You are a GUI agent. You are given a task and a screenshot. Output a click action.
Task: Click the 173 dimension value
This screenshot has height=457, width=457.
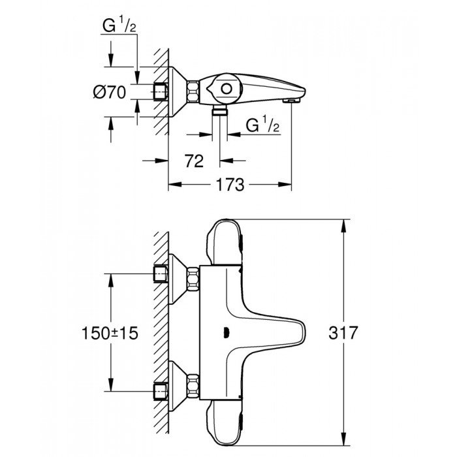[x=230, y=185]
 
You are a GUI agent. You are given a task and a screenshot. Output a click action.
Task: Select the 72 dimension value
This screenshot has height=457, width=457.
[x=191, y=160]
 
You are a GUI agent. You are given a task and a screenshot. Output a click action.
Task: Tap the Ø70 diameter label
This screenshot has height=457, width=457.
[x=108, y=93]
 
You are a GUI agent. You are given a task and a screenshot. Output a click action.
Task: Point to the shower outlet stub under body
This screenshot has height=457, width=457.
[x=220, y=113]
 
